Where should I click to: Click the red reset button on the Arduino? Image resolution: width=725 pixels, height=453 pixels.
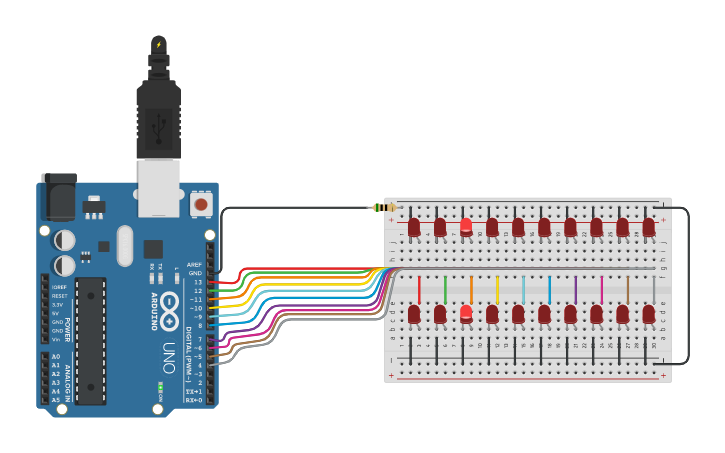[x=202, y=204]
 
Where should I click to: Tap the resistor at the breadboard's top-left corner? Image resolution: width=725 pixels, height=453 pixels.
[x=383, y=208]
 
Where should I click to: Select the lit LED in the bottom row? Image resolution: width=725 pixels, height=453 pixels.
[x=466, y=313]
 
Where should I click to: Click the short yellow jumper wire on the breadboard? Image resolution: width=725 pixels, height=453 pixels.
[x=497, y=290]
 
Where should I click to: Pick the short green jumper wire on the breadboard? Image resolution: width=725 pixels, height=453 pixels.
[x=445, y=290]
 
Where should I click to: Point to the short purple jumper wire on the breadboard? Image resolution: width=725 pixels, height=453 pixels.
[x=575, y=290]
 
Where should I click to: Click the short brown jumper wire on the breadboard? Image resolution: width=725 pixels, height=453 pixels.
[x=627, y=290]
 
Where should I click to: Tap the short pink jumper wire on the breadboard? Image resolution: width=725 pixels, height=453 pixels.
[x=601, y=290]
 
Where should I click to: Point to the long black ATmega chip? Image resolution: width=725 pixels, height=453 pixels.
[x=90, y=340]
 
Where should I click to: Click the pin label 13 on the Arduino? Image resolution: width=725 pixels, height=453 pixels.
[x=196, y=283]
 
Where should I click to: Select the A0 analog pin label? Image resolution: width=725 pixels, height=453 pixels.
[x=55, y=357]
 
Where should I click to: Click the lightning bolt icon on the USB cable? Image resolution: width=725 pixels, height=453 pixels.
[x=158, y=45]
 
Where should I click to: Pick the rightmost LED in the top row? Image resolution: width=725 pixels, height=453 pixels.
[x=648, y=227]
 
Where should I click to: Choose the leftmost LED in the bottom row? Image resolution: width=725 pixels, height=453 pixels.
[x=414, y=314]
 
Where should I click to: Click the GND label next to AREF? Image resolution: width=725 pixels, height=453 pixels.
[x=195, y=273]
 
